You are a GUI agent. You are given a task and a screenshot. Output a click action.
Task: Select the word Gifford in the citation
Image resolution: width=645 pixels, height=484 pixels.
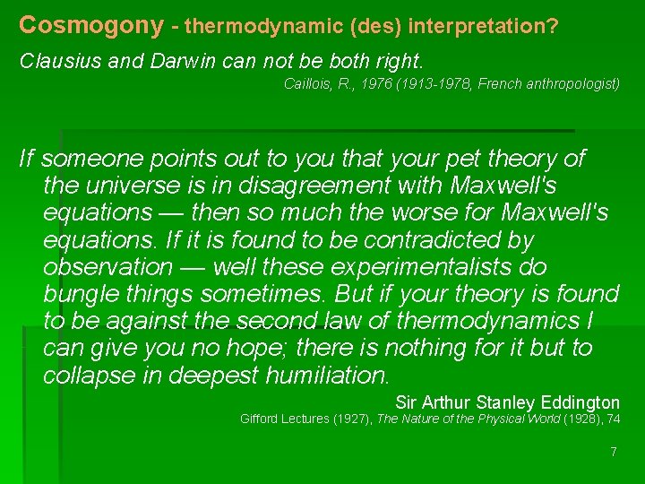pyautogui.click(x=261, y=419)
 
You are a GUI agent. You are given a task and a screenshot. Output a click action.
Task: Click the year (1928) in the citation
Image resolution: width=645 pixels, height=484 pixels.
pyautogui.click(x=588, y=419)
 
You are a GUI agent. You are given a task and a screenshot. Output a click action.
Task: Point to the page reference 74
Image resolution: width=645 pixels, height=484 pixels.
pyautogui.click(x=614, y=419)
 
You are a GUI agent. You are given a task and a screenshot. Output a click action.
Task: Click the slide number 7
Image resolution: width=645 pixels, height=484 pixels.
pyautogui.click(x=614, y=452)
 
